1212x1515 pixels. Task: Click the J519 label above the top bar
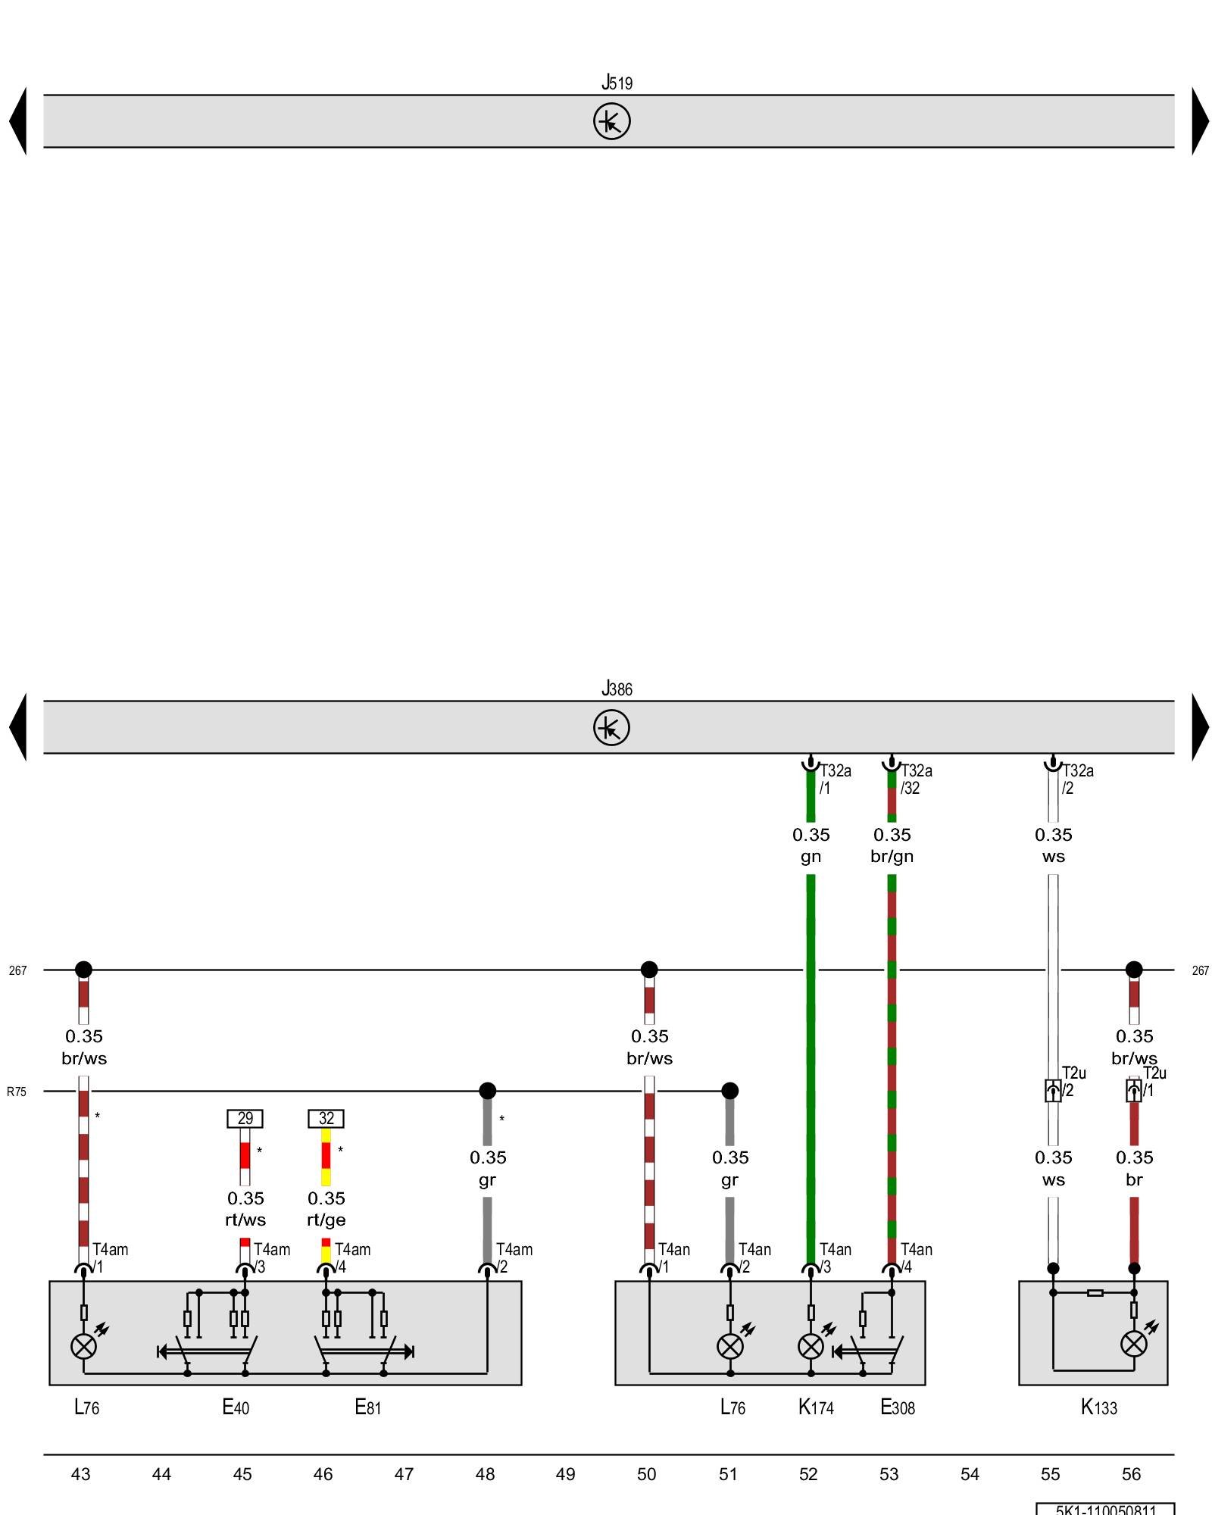pyautogui.click(x=617, y=82)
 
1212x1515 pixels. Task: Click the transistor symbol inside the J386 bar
pyautogui.click(x=611, y=727)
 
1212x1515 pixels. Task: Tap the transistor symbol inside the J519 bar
pyautogui.click(x=611, y=121)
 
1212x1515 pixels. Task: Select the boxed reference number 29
pyautogui.click(x=245, y=1118)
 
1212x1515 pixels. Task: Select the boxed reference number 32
pyautogui.click(x=326, y=1118)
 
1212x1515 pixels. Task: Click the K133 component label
pyautogui.click(x=1098, y=1407)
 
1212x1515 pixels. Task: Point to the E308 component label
pyautogui.click(x=897, y=1407)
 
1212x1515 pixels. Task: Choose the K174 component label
pyautogui.click(x=816, y=1407)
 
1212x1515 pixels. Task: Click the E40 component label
pyautogui.click(x=236, y=1407)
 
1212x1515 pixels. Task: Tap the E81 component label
pyautogui.click(x=368, y=1407)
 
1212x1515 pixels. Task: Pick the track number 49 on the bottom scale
pyautogui.click(x=565, y=1474)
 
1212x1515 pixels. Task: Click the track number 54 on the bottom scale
pyautogui.click(x=970, y=1474)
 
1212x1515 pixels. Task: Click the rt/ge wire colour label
pyautogui.click(x=326, y=1220)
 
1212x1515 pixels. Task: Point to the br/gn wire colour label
pyautogui.click(x=892, y=857)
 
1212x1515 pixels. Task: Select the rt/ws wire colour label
pyautogui.click(x=245, y=1220)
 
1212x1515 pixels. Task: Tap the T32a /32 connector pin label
pyautogui.click(x=916, y=779)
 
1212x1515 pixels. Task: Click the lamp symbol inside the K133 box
pyautogui.click(x=1133, y=1344)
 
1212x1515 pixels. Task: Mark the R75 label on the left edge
pyautogui.click(x=17, y=1092)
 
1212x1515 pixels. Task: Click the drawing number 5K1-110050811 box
pyautogui.click(x=1105, y=1509)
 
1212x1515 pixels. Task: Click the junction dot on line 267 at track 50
pyautogui.click(x=649, y=970)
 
